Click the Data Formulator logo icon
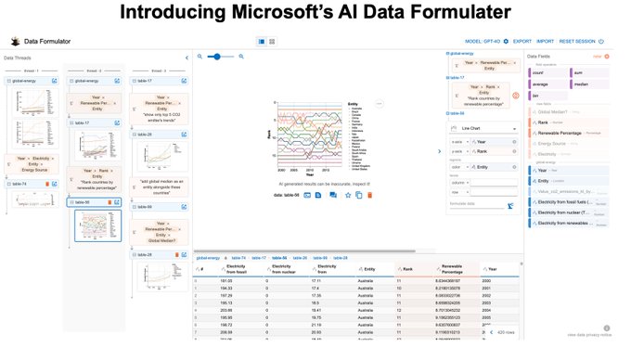tap(16, 42)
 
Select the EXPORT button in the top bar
tap(522, 42)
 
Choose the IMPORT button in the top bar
tap(546, 42)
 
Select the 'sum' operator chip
tap(578, 71)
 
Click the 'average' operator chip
tap(541, 84)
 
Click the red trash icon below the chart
tap(370, 195)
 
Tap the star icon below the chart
tap(348, 195)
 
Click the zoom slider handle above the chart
tap(219, 57)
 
